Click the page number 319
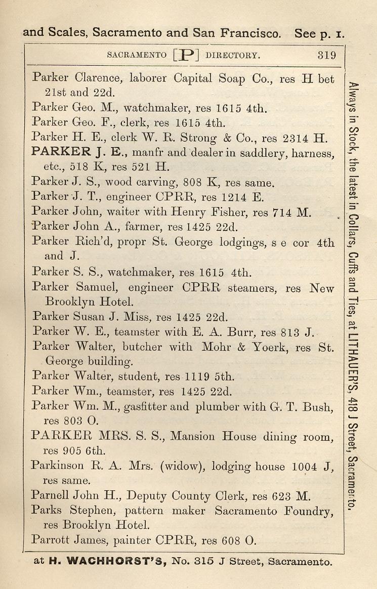(326, 55)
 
